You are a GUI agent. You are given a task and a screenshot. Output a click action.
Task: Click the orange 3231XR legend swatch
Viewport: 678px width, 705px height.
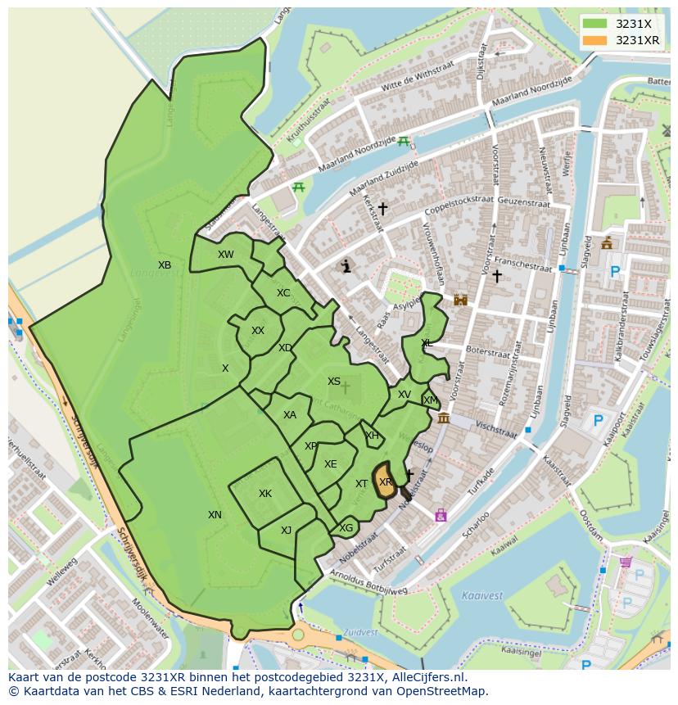595,40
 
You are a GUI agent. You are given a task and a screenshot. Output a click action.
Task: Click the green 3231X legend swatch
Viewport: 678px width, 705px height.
595,24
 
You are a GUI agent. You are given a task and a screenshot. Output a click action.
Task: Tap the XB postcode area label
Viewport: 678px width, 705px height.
165,264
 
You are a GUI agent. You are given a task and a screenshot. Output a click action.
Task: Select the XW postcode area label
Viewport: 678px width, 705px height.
225,255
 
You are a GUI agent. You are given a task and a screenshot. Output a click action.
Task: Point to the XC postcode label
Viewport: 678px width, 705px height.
283,293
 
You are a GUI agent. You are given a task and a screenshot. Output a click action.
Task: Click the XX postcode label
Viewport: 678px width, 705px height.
258,331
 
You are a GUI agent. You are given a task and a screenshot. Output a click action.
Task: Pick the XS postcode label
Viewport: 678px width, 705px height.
334,382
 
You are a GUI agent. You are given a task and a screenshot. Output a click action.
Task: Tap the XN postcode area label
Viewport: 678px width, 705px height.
215,515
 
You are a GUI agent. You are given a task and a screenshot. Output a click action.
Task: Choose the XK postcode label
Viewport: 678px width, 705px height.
265,494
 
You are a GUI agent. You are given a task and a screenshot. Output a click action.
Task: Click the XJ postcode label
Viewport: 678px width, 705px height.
286,531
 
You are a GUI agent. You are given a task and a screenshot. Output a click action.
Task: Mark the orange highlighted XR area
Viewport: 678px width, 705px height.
385,482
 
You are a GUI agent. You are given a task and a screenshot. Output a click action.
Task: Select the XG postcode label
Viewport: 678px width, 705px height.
346,528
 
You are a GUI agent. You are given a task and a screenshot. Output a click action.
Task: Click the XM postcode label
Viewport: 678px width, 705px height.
430,400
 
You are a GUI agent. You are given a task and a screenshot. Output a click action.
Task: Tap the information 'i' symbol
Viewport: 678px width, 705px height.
346,266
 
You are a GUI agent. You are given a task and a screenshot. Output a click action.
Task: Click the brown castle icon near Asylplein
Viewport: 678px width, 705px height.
460,300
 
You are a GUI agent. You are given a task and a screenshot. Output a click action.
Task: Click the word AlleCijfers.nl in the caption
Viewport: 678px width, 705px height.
425,677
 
